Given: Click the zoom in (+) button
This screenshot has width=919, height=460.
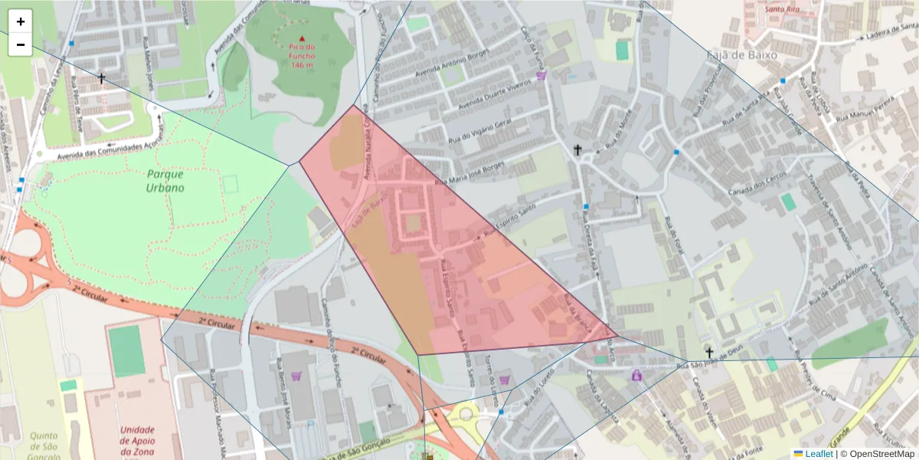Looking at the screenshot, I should pyautogui.click(x=21, y=21).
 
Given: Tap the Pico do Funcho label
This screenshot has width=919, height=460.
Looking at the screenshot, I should pyautogui.click(x=302, y=55).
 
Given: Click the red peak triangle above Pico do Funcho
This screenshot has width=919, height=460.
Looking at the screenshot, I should pyautogui.click(x=302, y=38).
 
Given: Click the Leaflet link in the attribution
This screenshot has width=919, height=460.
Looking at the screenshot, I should pyautogui.click(x=818, y=454).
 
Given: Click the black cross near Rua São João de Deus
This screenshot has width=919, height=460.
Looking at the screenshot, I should pyautogui.click(x=710, y=353).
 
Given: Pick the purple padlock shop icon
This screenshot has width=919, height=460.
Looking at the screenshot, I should pyautogui.click(x=636, y=375).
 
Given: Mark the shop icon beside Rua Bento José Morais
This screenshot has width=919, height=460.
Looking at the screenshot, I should pyautogui.click(x=296, y=376).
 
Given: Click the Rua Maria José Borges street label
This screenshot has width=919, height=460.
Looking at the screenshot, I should pyautogui.click(x=470, y=173).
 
